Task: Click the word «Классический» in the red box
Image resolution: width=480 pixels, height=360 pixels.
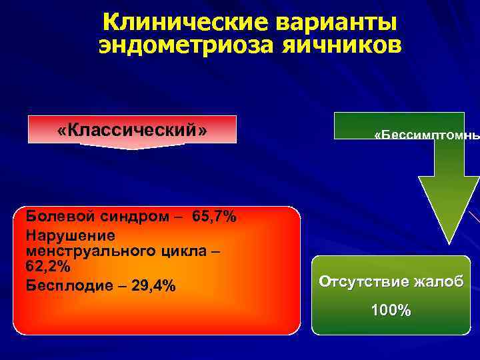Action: pos(132,129)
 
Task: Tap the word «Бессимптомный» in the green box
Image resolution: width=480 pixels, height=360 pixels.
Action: pos(427,136)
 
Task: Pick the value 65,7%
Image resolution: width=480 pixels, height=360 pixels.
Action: pos(213,217)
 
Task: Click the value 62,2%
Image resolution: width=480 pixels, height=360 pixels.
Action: pos(48,265)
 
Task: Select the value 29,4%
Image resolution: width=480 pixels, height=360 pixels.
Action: pos(151,286)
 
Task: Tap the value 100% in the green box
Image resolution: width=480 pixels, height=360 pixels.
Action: pos(391,310)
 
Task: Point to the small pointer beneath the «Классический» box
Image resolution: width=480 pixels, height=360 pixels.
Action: pos(132,147)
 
